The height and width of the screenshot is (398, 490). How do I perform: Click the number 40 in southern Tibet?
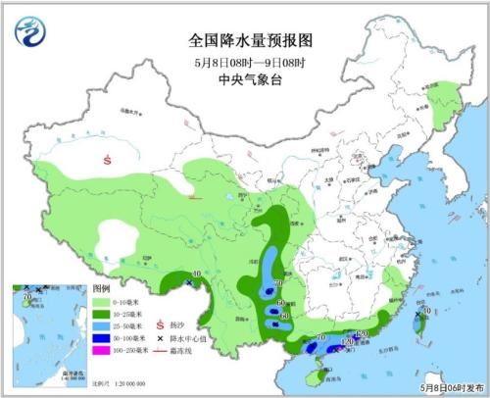pos(197,274)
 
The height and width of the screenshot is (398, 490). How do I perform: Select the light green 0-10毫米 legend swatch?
pos(101,303)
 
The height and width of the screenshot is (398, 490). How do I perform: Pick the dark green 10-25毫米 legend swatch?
pos(101,314)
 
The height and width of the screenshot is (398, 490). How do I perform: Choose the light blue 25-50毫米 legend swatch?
pos(101,325)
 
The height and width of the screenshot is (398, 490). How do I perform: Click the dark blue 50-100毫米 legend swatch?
pos(101,337)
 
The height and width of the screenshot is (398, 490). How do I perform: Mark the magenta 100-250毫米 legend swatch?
pos(101,349)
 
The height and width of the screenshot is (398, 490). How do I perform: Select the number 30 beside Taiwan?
pos(427,311)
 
